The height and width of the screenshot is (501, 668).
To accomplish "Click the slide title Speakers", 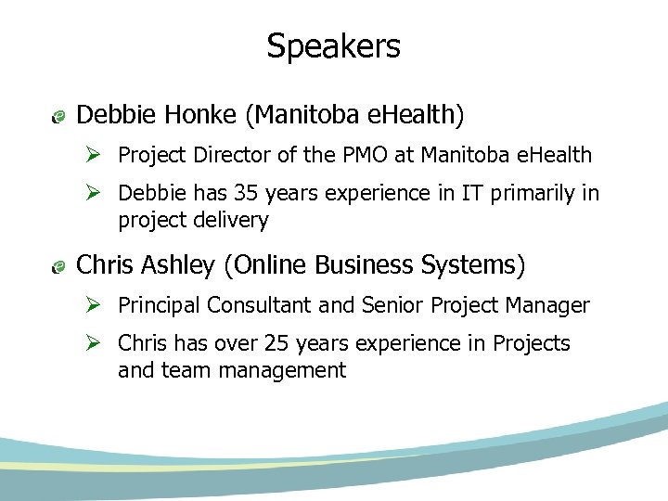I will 333,45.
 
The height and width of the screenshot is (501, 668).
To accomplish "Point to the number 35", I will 243,193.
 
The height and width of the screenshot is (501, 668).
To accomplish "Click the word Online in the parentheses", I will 270,265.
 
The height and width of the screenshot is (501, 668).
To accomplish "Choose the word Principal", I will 159,305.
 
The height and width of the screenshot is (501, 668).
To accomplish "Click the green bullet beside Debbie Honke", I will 58,117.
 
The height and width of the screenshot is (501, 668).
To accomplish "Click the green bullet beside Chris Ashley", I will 58,267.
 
